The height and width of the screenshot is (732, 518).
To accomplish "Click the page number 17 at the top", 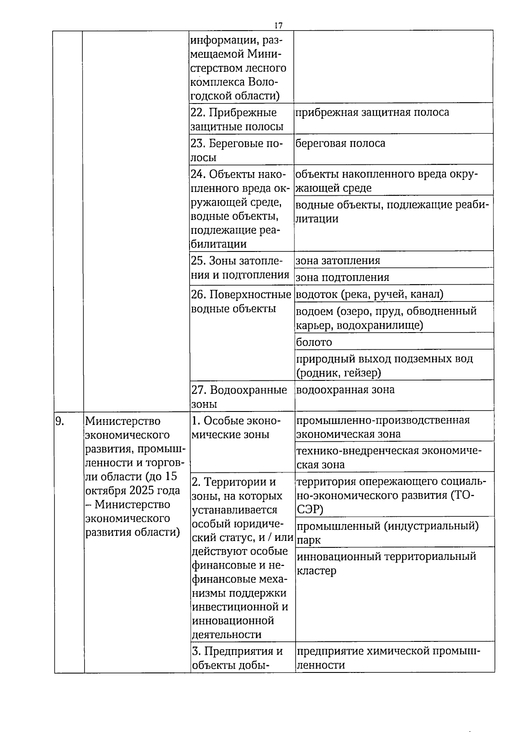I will click(x=278, y=25).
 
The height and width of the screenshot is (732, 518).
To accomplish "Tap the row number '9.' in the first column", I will click(x=60, y=421).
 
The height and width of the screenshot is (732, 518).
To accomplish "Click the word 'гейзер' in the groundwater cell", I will click(x=363, y=373).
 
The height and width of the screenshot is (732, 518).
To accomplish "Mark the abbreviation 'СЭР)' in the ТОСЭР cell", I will click(x=310, y=509).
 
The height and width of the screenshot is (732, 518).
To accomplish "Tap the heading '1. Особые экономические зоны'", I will click(x=236, y=427).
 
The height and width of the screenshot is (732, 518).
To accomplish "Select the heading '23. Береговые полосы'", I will click(x=236, y=150).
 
